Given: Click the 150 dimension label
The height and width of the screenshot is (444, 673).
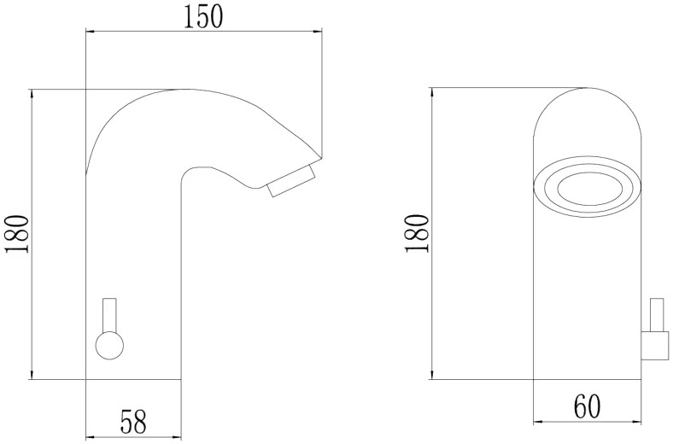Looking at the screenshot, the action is (x=203, y=18).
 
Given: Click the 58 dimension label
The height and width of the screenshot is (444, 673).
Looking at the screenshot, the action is (x=133, y=421).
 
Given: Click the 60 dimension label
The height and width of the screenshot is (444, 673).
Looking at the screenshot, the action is (x=587, y=406).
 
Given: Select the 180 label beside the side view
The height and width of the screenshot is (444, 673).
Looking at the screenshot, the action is (x=18, y=234).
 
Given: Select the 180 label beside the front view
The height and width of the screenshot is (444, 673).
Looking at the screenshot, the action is (x=417, y=234).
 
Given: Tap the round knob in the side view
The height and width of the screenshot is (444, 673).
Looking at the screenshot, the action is (x=109, y=345).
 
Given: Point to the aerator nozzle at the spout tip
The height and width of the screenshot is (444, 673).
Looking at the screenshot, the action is (x=292, y=181).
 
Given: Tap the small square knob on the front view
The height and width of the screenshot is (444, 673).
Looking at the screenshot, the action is (x=655, y=345).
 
